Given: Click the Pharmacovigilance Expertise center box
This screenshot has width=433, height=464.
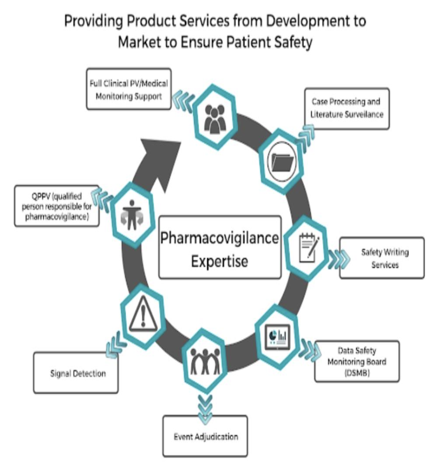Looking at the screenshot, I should coord(220,247).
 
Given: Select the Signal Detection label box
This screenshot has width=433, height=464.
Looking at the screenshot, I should coord(76,373).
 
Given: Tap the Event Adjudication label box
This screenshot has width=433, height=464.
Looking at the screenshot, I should coord(205,436).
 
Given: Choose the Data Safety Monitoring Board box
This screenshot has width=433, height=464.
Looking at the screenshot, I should coord(357,362).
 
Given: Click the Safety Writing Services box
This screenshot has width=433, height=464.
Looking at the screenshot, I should coord(382,258).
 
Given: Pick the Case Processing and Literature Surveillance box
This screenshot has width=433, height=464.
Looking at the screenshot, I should coord(347,108).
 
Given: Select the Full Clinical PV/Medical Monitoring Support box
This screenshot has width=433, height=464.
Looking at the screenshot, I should coord(129,89).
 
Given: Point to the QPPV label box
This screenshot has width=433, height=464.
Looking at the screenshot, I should coord(56,206).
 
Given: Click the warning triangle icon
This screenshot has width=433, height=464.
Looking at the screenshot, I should coord(143,316).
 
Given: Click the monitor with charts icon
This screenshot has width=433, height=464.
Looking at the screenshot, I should coord(278,337).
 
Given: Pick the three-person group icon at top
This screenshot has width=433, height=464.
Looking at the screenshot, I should coord(215,118).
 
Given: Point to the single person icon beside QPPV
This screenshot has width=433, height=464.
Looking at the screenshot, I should coord(132,214).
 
